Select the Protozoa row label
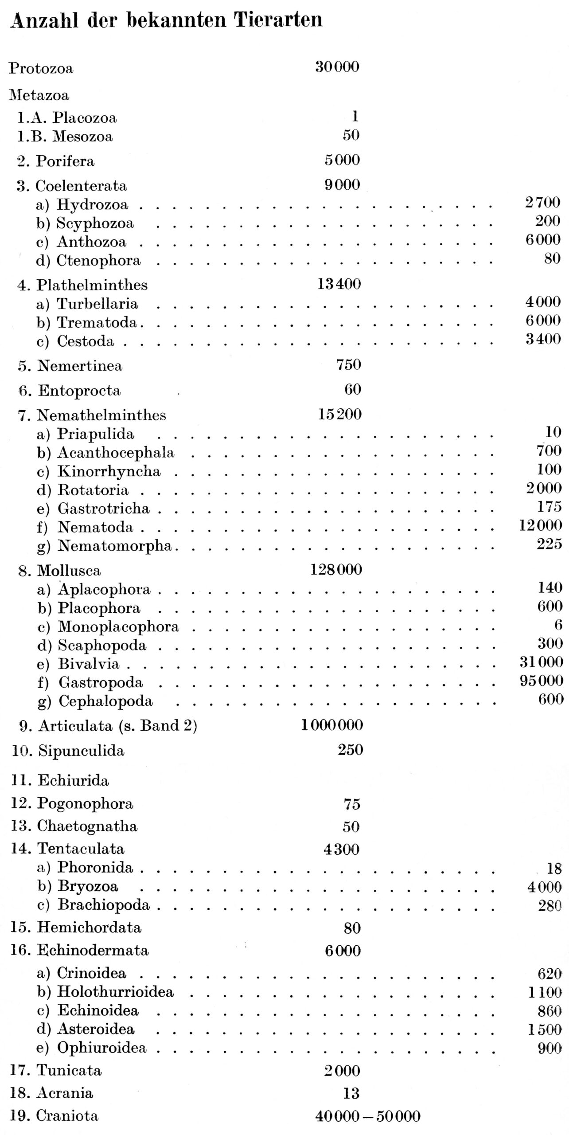pyautogui.click(x=41, y=68)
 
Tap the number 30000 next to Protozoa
pyautogui.click(x=337, y=67)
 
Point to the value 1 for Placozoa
pyautogui.click(x=354, y=116)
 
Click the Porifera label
pyautogui.click(x=65, y=160)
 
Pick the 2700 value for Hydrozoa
pyautogui.click(x=543, y=203)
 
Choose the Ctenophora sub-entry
pyautogui.click(x=98, y=260)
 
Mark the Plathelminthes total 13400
pyautogui.click(x=339, y=284)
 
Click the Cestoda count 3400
pyautogui.click(x=543, y=339)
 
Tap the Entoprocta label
pyautogui.click(x=79, y=391)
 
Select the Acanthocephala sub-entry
pyautogui.click(x=116, y=453)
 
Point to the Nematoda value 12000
pyautogui.click(x=541, y=525)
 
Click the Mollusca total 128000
pyautogui.click(x=336, y=569)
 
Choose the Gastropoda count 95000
pyautogui.click(x=542, y=680)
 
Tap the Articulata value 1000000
pyautogui.click(x=332, y=725)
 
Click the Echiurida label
pyautogui.click(x=73, y=780)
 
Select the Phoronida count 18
pyautogui.click(x=554, y=868)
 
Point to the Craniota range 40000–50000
pyautogui.click(x=367, y=1116)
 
